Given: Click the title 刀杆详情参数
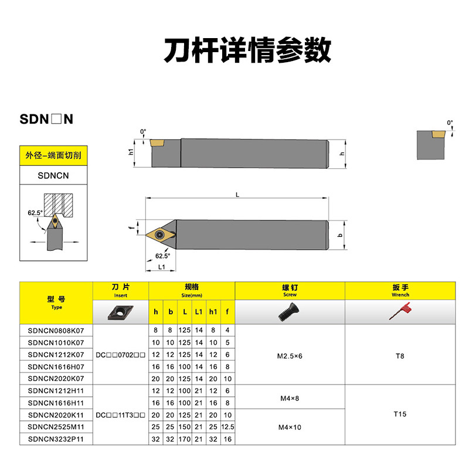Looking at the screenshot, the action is click(247, 51).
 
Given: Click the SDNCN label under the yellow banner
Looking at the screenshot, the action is click(53, 175).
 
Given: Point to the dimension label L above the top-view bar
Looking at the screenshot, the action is click(237, 194).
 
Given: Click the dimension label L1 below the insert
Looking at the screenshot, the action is click(161, 267).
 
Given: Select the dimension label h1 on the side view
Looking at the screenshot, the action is click(131, 151).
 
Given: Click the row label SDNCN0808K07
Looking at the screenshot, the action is click(56, 330).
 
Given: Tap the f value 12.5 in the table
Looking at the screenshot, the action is click(227, 427).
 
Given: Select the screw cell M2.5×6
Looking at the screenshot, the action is click(290, 355).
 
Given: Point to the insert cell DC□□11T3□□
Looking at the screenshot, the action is click(120, 414).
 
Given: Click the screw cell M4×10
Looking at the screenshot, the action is click(290, 427).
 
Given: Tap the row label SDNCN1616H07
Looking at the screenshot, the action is click(56, 366).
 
